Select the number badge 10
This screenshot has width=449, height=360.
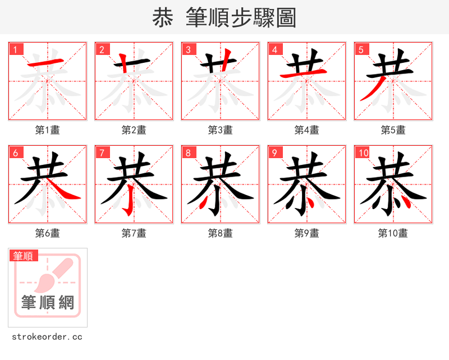tap(363, 153)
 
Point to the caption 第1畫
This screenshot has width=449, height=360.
tap(48, 130)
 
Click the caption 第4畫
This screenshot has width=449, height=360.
tap(307, 130)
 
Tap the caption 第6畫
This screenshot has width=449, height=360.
tap(48, 233)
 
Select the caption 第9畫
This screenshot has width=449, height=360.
tap(307, 233)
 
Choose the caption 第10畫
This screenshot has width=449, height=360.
tap(393, 233)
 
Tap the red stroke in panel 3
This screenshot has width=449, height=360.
tap(227, 61)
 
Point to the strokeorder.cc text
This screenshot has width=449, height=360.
tap(47, 337)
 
